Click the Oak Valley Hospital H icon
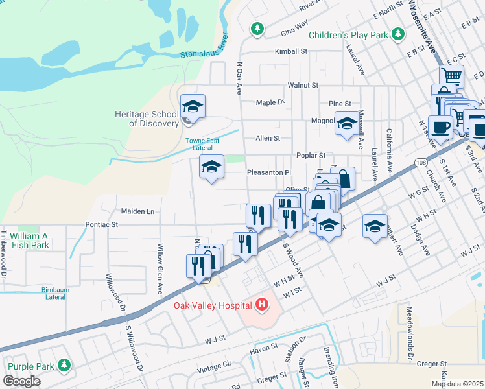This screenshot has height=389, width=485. [262, 304]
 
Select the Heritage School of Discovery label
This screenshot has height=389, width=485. [147, 119]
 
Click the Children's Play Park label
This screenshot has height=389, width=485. [347, 35]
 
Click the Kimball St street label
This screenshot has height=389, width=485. [290, 51]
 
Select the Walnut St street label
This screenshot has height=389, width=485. [303, 85]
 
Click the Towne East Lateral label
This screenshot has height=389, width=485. [207, 144]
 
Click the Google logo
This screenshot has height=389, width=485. [21, 381]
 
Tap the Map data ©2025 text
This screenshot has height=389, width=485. [456, 384]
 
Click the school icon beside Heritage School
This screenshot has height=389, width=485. [193, 106]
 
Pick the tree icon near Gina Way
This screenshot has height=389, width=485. [257, 29]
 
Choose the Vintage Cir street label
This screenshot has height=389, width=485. [214, 366]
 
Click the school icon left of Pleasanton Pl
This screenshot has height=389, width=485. [211, 168]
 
